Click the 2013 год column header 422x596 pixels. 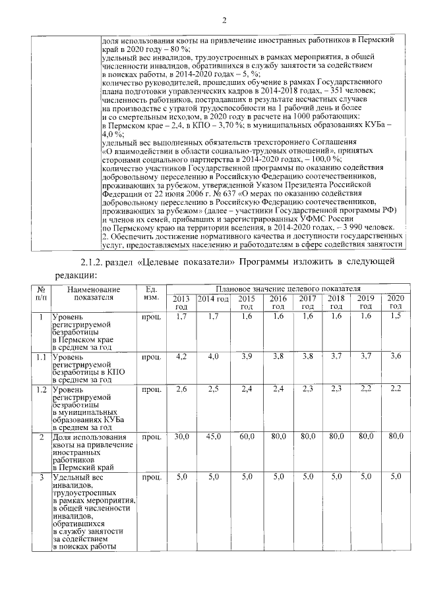click(181, 302)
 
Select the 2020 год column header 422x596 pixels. click(396, 302)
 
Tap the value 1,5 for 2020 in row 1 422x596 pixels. click(396, 317)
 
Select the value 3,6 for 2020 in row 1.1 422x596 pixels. click(396, 356)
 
